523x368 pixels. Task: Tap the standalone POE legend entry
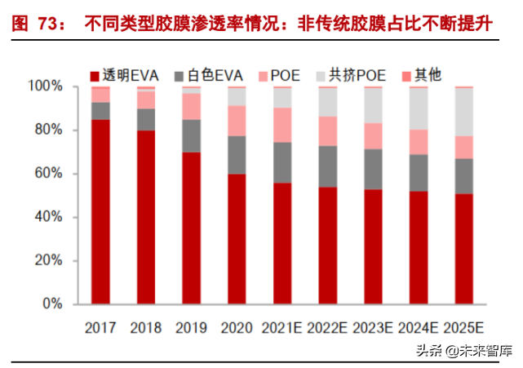coord(277,75)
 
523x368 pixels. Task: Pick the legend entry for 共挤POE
coord(352,75)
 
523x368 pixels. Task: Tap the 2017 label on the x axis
coord(101,326)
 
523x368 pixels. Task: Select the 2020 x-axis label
coord(237,326)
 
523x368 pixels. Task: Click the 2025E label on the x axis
coord(463,326)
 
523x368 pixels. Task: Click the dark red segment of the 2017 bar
coord(101,212)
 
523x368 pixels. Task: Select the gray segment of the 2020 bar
coord(237,155)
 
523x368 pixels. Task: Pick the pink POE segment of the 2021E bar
coord(282,125)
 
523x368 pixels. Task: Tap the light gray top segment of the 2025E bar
coord(463,112)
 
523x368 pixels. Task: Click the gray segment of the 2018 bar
coord(146,120)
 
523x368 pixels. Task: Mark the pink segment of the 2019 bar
coord(192,106)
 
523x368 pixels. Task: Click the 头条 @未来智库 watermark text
coord(463,351)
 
